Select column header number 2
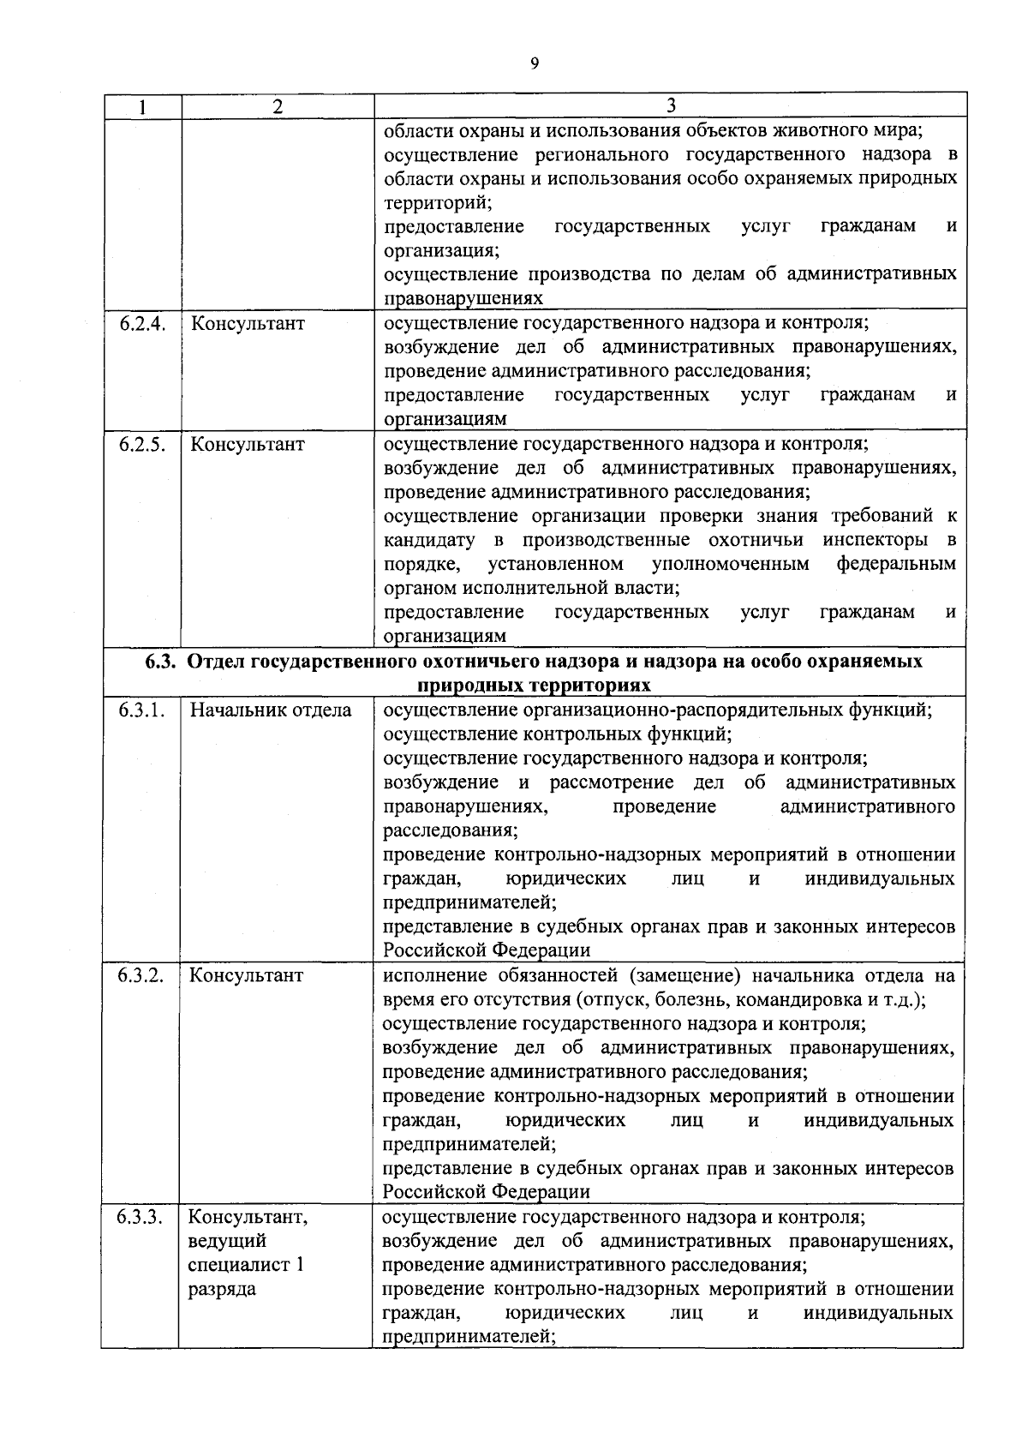tap(276, 106)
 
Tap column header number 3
tap(671, 105)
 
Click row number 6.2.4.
tap(141, 324)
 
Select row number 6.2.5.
tap(141, 445)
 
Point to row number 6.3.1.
tap(141, 710)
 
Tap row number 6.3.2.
tap(141, 975)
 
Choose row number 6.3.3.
tap(140, 1217)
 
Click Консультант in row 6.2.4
tap(247, 324)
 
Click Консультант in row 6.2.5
tap(247, 445)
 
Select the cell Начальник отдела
tap(270, 710)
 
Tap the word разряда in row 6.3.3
tap(222, 1289)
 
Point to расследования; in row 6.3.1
tap(450, 830)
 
